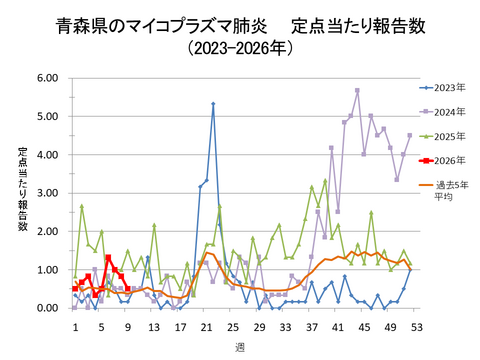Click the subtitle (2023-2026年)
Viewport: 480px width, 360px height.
point(240,48)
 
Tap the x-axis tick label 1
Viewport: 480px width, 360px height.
point(75,325)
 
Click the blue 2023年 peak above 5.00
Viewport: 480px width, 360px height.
point(213,104)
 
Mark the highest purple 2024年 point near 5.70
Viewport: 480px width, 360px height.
point(357,90)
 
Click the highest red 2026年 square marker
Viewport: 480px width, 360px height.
point(108,258)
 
